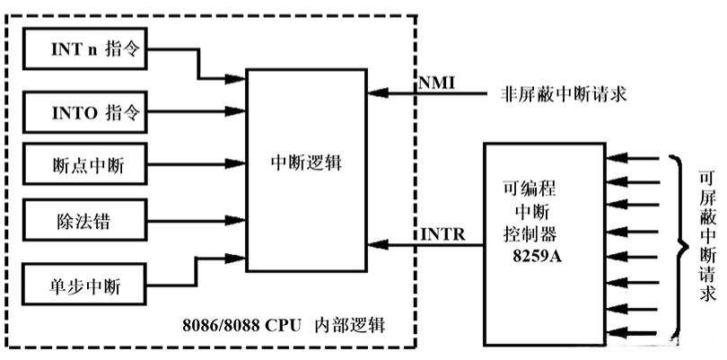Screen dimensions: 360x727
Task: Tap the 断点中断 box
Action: tap(85, 164)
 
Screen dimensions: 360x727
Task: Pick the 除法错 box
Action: tap(85, 220)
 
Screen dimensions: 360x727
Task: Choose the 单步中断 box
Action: tap(85, 287)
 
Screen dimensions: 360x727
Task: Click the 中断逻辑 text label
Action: tap(306, 164)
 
